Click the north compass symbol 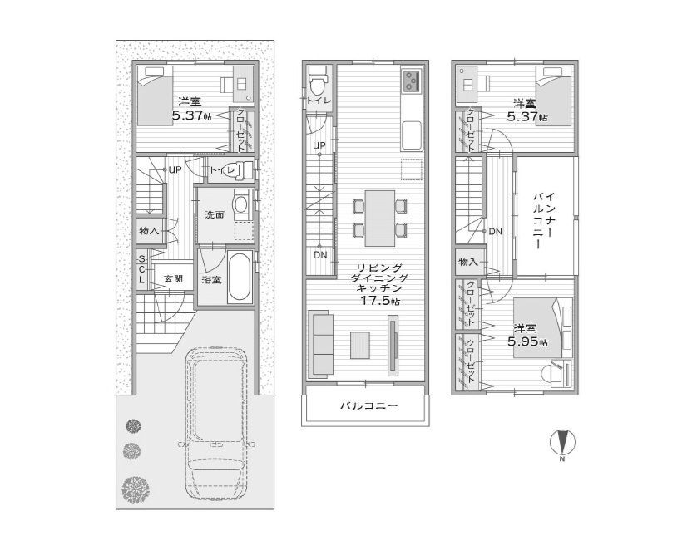coord(563,443)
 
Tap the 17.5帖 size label coord(379,301)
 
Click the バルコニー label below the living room coord(369,405)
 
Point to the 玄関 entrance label coord(173,278)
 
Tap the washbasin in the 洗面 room coord(241,204)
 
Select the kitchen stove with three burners coord(412,81)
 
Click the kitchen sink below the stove coord(412,135)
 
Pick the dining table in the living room coord(380,218)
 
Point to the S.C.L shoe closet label coord(141,269)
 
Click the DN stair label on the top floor coord(495,231)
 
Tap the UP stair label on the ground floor coord(175,169)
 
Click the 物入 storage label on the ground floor coord(150,231)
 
